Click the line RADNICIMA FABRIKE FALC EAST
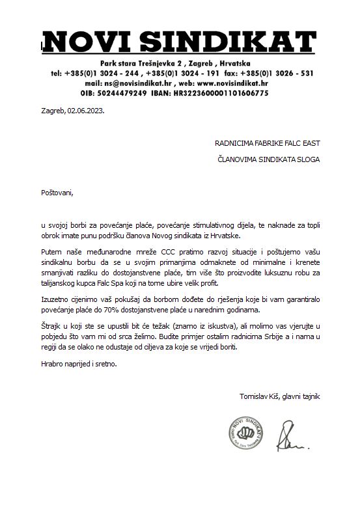coord(267,143)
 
